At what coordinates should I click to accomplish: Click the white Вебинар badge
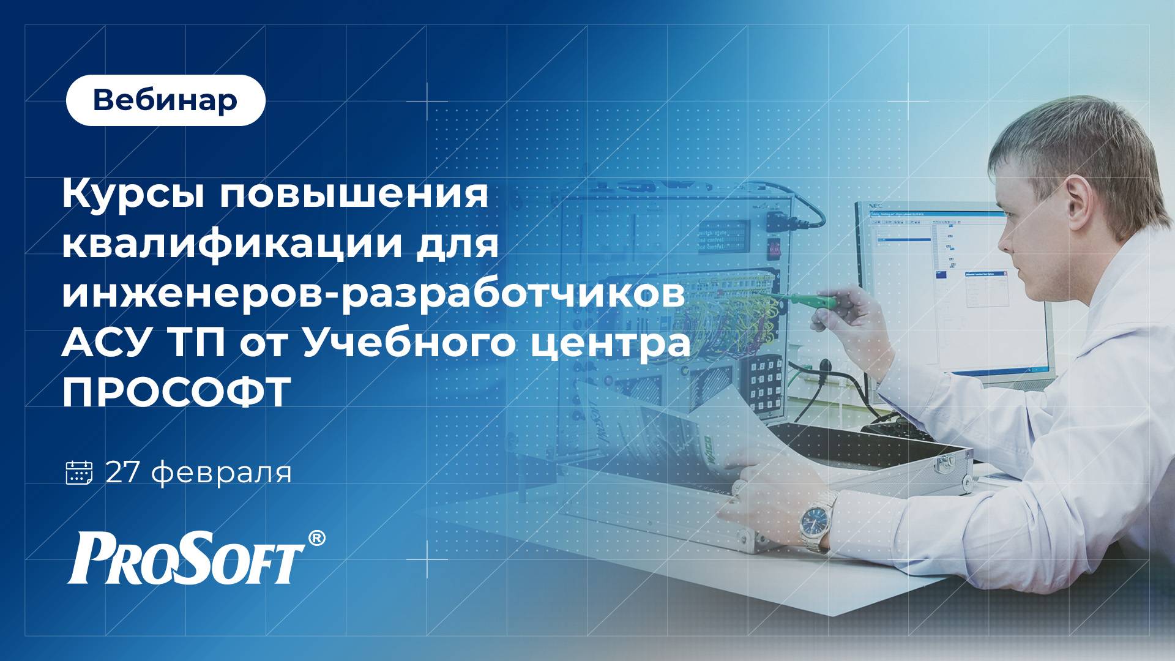(x=165, y=100)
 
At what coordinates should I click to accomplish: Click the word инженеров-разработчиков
(x=373, y=295)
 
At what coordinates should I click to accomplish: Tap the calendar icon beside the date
(x=79, y=473)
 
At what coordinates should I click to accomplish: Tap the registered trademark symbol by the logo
(x=316, y=538)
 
